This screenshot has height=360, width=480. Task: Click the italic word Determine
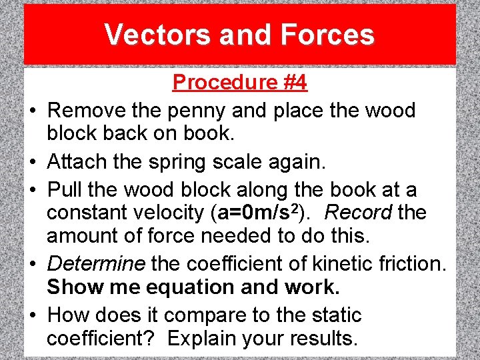96,263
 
